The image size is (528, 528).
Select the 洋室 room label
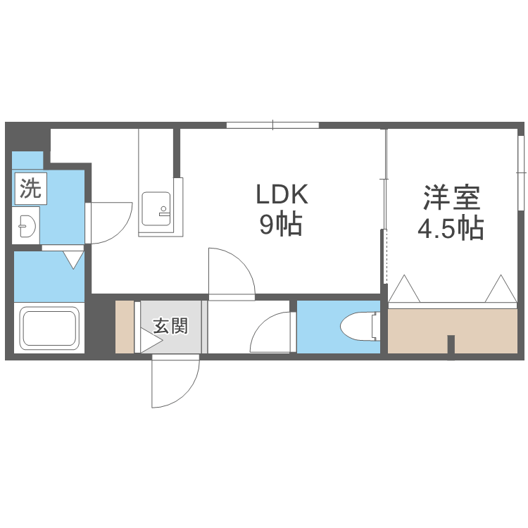(451, 197)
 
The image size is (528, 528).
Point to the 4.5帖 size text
(451, 227)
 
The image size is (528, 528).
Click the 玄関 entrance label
(170, 326)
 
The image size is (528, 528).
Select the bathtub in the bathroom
(49, 328)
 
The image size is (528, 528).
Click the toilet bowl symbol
(356, 327)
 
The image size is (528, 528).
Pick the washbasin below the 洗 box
(27, 227)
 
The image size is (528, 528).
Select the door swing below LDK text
(231, 274)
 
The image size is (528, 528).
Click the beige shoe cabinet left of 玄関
(124, 327)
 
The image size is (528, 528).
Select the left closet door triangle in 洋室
(406, 289)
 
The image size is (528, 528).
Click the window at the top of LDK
(272, 125)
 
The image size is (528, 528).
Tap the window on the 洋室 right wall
(522, 172)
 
